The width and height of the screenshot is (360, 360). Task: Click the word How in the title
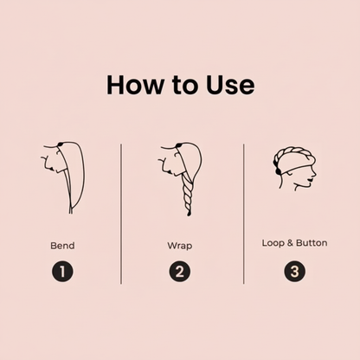(135, 85)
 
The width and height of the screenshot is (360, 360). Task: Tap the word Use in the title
(230, 85)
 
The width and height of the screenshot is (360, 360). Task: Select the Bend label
(62, 246)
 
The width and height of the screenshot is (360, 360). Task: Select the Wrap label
(180, 246)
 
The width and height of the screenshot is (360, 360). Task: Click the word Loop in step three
(273, 243)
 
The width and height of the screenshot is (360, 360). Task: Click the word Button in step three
(312, 243)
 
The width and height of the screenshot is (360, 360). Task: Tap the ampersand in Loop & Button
(290, 243)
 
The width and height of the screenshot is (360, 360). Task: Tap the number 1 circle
(62, 272)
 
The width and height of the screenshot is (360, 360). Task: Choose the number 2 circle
(179, 272)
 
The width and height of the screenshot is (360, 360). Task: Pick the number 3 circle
(294, 272)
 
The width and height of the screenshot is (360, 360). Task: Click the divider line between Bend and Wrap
(121, 214)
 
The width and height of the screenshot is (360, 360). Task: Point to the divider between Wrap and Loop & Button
(244, 214)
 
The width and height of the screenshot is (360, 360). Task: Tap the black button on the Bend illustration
(61, 144)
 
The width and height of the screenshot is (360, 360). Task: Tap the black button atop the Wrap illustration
(178, 145)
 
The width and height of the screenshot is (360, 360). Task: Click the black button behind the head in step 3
(278, 171)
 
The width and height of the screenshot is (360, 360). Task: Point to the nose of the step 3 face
(314, 173)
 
